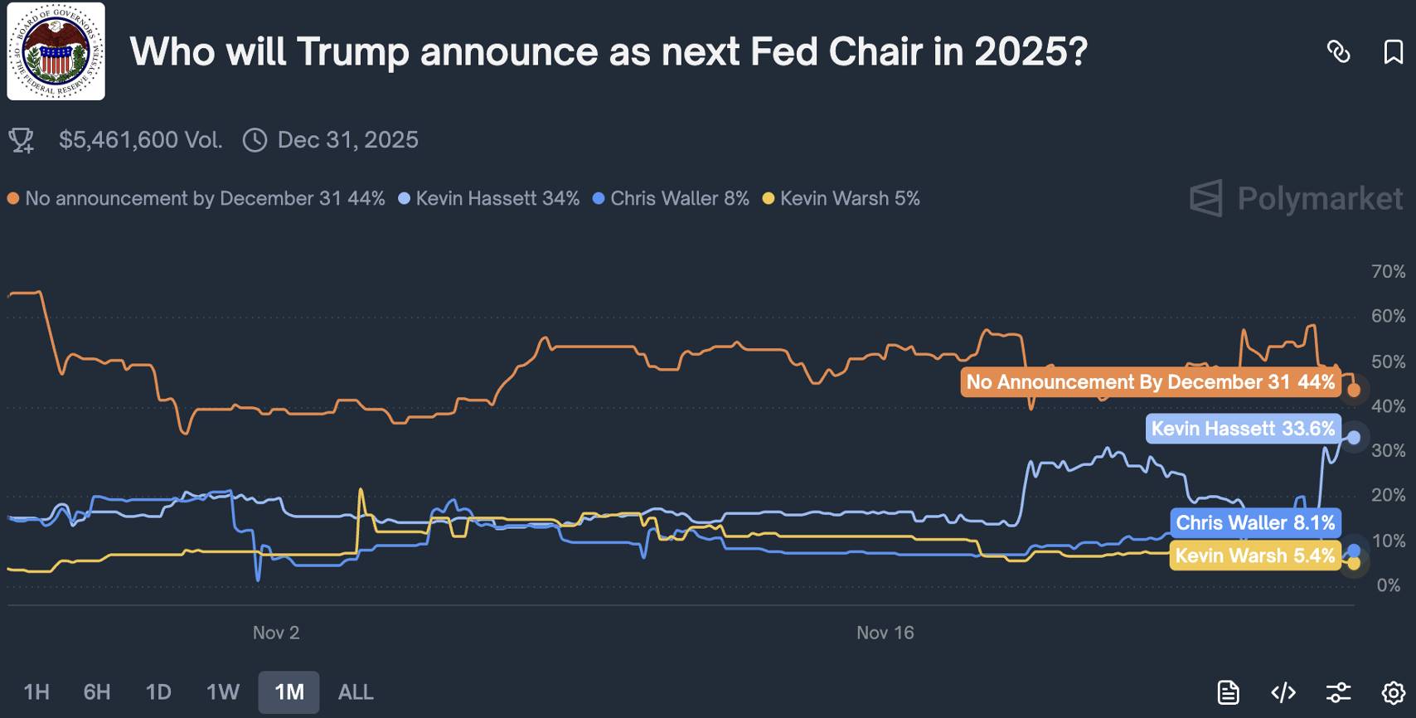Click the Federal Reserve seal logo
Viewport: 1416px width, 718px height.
click(56, 51)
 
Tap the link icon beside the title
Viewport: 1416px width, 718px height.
click(1338, 52)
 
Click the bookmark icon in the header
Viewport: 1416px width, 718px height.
click(1393, 52)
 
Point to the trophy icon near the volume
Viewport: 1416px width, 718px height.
click(22, 140)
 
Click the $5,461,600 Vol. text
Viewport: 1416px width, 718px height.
click(140, 140)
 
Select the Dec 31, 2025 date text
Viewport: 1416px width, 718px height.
click(347, 140)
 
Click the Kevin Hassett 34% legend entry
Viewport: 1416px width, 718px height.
click(489, 199)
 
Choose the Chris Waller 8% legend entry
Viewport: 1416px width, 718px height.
click(672, 199)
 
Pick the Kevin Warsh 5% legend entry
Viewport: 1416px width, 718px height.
click(841, 199)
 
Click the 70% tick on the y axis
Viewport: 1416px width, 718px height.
click(1388, 272)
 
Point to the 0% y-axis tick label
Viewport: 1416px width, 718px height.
click(1388, 585)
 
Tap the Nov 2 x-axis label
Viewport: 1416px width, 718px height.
click(276, 633)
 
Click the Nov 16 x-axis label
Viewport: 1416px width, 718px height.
click(885, 633)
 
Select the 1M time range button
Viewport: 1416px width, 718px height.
click(289, 692)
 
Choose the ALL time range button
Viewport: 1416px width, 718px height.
click(356, 692)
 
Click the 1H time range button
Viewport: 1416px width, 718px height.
click(36, 692)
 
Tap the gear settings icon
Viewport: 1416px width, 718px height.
click(1394, 692)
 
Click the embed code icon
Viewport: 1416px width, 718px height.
click(1283, 692)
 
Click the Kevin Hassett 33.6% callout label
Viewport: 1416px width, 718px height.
click(1243, 429)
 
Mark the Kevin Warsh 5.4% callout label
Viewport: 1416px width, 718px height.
click(1254, 555)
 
